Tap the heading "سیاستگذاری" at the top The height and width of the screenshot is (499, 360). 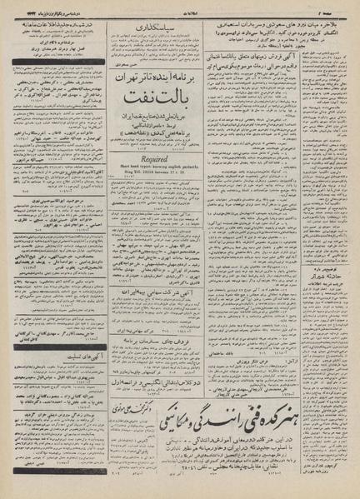(144, 27)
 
